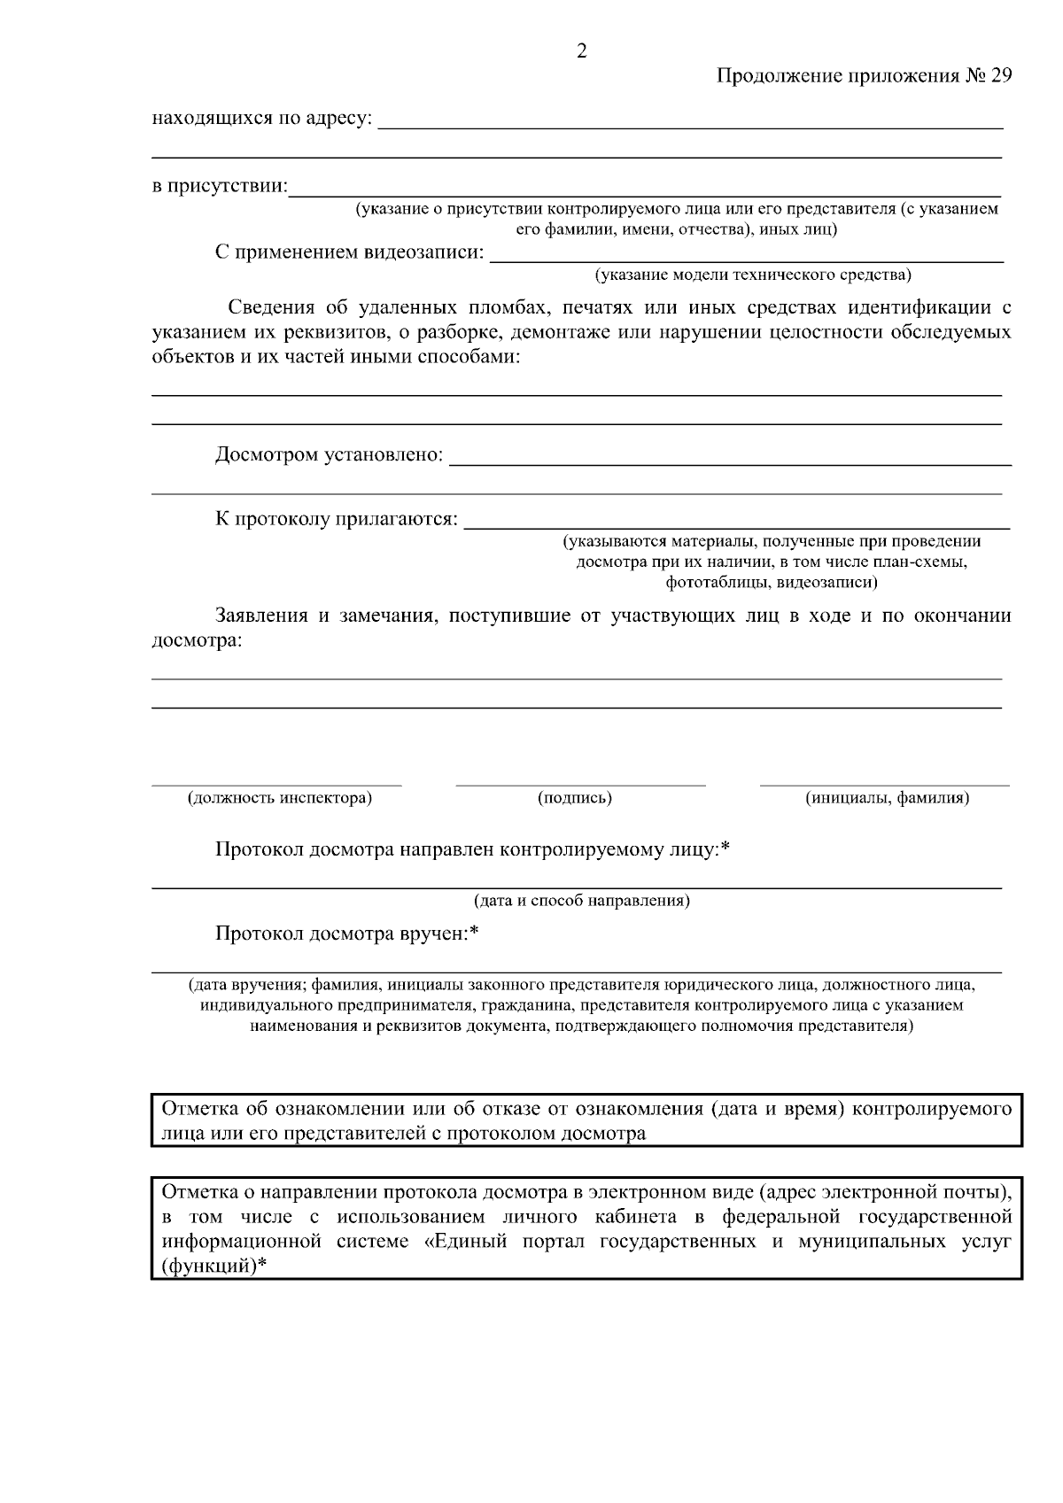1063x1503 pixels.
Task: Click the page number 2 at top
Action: pos(581,51)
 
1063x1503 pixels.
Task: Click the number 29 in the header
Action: pos(1000,76)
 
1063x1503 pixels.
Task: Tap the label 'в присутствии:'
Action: pos(220,187)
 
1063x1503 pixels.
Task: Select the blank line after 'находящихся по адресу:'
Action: pos(690,127)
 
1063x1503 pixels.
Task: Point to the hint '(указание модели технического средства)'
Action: pos(752,275)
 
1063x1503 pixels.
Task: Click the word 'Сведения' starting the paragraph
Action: pos(271,308)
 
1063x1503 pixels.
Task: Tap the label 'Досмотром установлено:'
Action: pos(329,455)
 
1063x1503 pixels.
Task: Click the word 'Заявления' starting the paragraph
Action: pos(261,616)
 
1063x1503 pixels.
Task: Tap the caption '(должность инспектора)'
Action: pos(279,798)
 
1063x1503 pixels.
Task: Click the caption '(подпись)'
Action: pos(575,798)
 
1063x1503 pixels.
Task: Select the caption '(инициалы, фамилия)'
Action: pos(887,798)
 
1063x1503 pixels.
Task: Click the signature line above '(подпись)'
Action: pos(580,785)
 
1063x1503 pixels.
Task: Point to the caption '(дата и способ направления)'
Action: pos(581,901)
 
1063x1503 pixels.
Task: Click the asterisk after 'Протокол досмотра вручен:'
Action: pos(474,932)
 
